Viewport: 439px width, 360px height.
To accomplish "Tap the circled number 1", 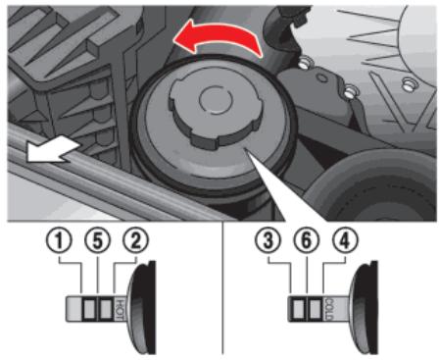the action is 59,241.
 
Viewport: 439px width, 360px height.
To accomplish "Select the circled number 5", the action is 97,241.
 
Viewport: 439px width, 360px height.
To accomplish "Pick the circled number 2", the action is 135,241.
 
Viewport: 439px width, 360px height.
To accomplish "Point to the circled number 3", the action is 268,241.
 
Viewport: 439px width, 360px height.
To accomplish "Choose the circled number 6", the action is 306,241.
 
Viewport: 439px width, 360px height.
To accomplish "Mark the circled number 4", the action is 345,241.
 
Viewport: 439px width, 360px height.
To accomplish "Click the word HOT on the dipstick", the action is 120,309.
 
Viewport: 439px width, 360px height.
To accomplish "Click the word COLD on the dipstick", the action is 329,309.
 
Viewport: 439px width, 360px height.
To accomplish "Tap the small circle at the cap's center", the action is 217,99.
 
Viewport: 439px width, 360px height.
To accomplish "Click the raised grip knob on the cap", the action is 215,111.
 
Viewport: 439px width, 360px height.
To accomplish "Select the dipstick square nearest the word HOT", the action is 106,309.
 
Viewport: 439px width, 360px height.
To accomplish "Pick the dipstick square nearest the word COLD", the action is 315,309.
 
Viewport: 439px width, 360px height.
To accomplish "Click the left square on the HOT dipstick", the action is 89,309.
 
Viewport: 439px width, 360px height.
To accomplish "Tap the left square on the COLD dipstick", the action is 298,309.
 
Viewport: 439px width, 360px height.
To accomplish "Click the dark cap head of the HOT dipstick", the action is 143,307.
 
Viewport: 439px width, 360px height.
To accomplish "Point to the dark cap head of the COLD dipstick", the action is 365,307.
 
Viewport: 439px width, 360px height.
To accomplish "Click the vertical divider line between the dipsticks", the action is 223,287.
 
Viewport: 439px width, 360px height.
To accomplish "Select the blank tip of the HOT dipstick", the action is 73,309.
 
